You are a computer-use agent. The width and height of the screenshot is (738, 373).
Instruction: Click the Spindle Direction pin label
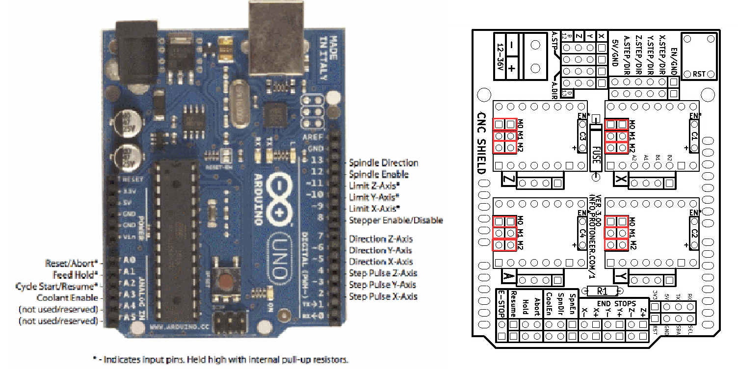coord(383,162)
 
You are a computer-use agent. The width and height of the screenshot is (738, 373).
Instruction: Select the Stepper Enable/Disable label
coord(395,220)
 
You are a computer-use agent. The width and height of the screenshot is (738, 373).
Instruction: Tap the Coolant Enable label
coord(67,298)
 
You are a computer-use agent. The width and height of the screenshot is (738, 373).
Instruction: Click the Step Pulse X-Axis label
coord(383,296)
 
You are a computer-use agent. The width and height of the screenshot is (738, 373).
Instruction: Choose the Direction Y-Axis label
coord(381,250)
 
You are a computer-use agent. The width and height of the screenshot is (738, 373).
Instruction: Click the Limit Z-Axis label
coord(374,186)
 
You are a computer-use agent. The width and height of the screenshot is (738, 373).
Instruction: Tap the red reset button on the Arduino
coord(226,282)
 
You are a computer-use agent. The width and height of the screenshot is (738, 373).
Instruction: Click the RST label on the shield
coord(700,74)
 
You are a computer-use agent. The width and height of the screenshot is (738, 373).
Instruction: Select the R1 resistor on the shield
coord(603,291)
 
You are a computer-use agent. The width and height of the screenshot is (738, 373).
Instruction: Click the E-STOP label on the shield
coord(501,303)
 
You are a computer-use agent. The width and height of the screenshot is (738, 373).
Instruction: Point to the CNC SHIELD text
coord(481,142)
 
